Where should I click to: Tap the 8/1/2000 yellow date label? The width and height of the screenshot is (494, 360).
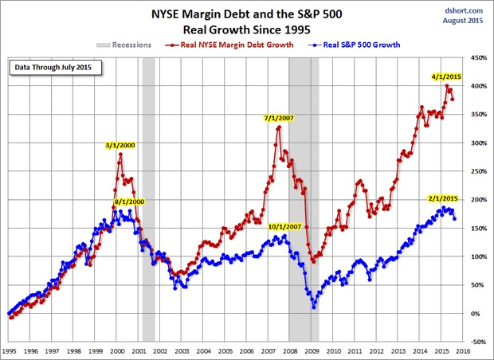coord(129,202)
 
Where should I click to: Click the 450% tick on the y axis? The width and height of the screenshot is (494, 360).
coord(479,58)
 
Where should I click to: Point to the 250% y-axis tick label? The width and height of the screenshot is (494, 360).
coord(479,171)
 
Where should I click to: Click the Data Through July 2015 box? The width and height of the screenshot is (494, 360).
coord(51,67)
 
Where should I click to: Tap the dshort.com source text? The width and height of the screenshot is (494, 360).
coord(470,9)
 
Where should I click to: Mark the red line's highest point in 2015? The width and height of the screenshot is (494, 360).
coord(448,85)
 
